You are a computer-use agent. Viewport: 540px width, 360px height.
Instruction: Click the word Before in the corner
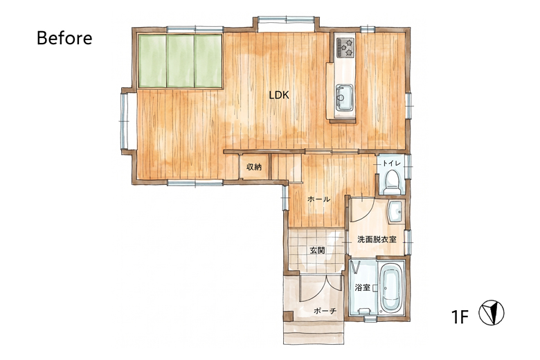click(64, 38)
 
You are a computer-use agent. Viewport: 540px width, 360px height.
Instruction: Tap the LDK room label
click(279, 96)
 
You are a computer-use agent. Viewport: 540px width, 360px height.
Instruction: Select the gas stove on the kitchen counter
click(345, 48)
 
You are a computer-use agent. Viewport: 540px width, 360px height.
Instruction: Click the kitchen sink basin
click(344, 98)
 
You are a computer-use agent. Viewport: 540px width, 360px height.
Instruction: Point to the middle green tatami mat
click(181, 61)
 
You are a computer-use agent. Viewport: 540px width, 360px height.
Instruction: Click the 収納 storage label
click(254, 167)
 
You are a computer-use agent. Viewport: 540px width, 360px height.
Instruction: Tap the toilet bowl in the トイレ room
click(392, 182)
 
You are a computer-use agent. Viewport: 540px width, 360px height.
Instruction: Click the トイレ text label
click(392, 163)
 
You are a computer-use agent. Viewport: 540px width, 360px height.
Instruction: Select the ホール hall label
click(318, 199)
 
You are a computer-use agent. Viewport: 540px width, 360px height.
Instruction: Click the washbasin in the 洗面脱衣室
click(396, 212)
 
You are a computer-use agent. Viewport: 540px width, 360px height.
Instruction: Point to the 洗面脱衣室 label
click(377, 239)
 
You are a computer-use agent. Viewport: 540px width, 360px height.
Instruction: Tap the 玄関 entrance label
click(317, 251)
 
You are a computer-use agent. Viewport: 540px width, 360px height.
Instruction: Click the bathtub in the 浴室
click(391, 287)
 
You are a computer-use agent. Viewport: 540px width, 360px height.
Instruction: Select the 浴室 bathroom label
click(363, 287)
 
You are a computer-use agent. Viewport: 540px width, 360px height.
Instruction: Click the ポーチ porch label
click(325, 311)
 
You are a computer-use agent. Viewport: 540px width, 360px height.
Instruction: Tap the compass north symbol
click(492, 312)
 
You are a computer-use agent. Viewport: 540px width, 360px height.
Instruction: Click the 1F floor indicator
click(460, 317)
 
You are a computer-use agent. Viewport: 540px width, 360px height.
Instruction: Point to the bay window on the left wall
click(125, 120)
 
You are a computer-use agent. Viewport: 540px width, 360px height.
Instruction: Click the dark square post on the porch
click(288, 316)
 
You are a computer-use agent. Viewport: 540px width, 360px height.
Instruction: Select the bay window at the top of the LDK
click(286, 24)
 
